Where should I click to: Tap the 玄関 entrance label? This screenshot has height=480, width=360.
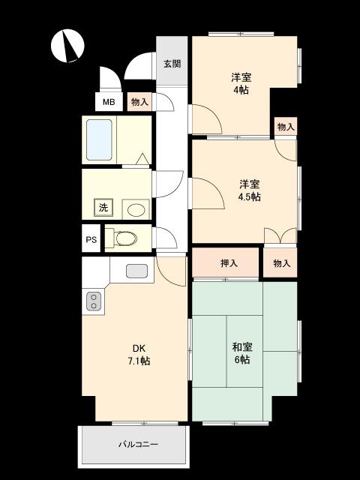pos(172,64)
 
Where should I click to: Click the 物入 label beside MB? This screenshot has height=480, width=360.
pos(139,100)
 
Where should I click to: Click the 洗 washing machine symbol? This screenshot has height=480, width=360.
pos(101,208)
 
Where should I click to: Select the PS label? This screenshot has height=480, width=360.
pos(91,240)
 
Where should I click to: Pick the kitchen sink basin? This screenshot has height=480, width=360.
pos(136,270)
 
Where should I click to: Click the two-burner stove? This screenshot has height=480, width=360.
pos(93,301)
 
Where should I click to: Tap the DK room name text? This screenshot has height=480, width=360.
pos(139,348)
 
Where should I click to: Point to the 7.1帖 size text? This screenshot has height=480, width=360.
pos(139,361)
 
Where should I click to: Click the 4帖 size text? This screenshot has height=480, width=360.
pos(240,90)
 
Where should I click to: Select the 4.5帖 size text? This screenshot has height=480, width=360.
pos(250,196)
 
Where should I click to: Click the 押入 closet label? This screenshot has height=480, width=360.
pos(229,263)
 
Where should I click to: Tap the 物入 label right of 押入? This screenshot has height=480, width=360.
pos(281,263)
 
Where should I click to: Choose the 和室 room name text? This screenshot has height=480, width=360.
pos(241,347)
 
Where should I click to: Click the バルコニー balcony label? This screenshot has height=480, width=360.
pos(138,445)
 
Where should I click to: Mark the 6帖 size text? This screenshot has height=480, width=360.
pos(241,360)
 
